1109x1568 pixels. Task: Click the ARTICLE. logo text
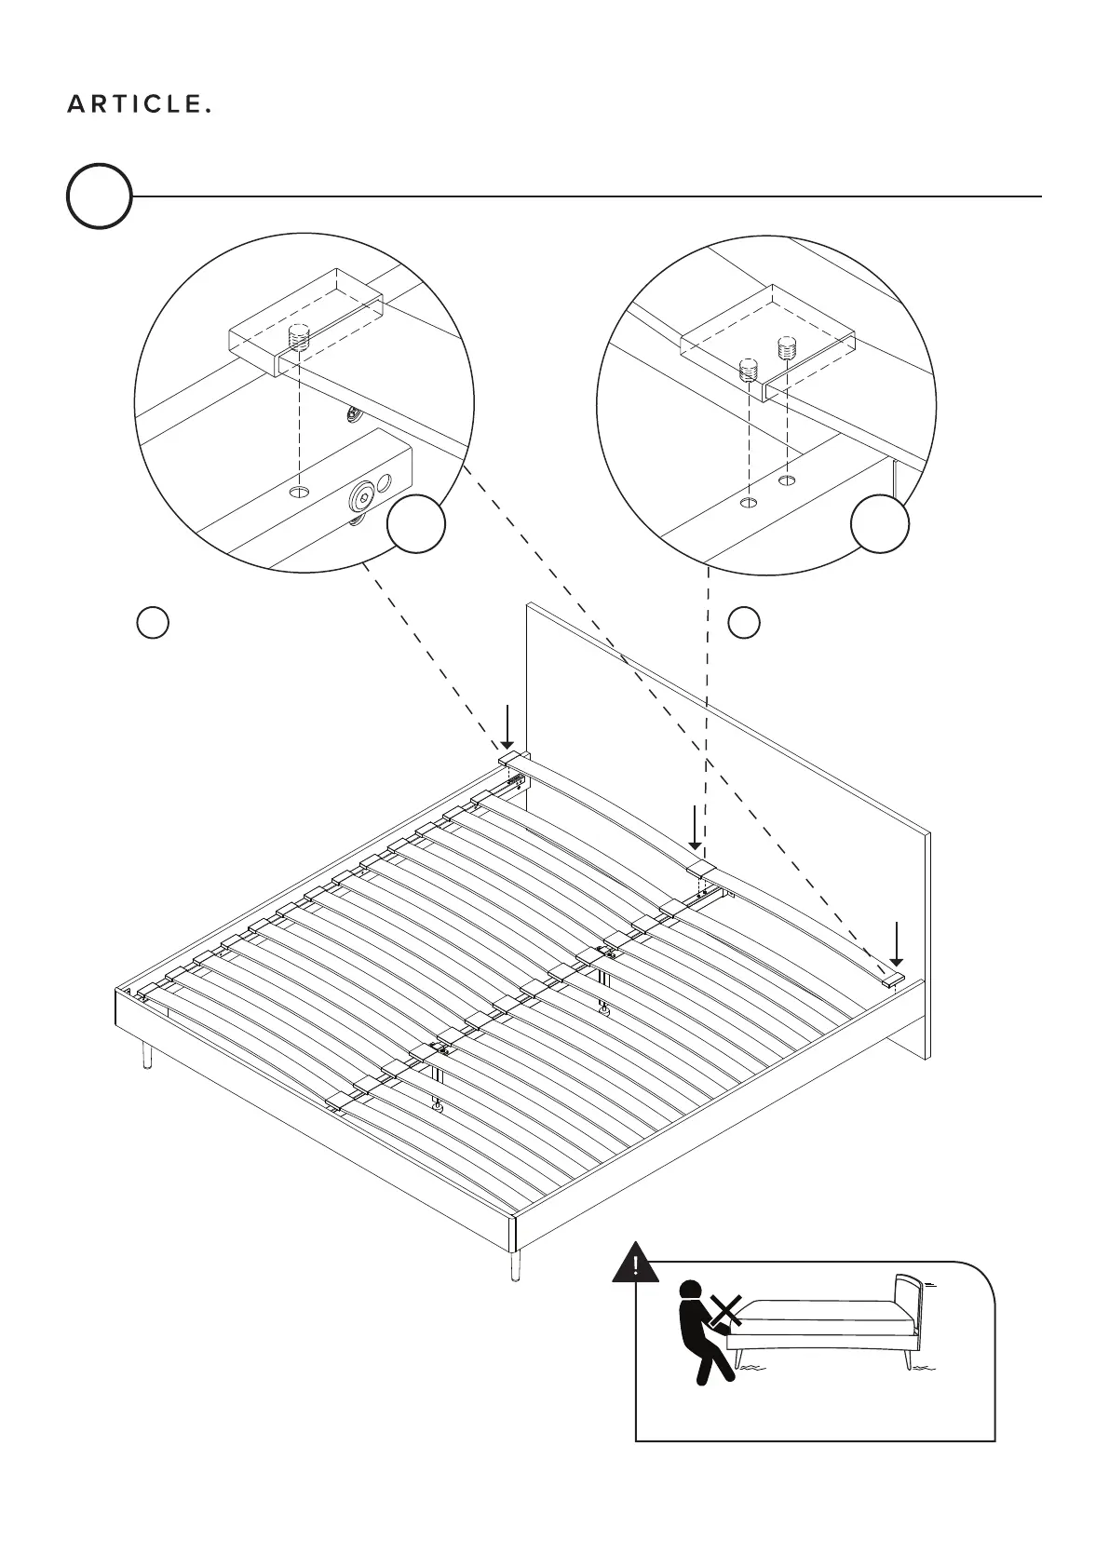coord(139,105)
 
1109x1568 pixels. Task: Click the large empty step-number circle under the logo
coord(99,196)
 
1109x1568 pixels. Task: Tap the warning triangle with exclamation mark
coord(635,1264)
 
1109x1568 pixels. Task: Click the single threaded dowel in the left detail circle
coord(298,336)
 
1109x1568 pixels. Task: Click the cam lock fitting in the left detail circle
coord(361,497)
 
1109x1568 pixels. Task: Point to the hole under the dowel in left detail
coord(298,490)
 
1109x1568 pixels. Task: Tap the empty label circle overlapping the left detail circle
coord(415,523)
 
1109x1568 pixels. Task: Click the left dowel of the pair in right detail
coord(747,370)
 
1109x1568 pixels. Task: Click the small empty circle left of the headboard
coord(153,622)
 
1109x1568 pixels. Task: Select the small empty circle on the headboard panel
coord(743,622)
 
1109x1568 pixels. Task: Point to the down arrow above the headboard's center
coord(695,828)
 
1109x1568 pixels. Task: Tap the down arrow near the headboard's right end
coord(896,943)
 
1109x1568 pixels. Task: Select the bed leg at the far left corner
coord(147,1056)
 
